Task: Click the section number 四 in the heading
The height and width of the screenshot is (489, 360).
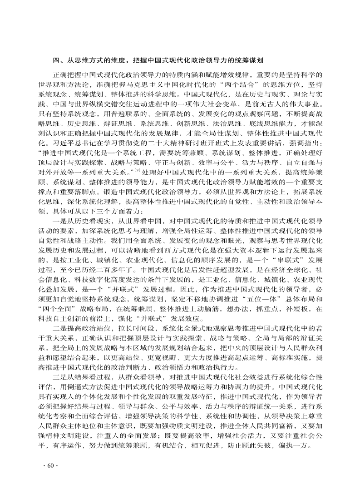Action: pos(55,59)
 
